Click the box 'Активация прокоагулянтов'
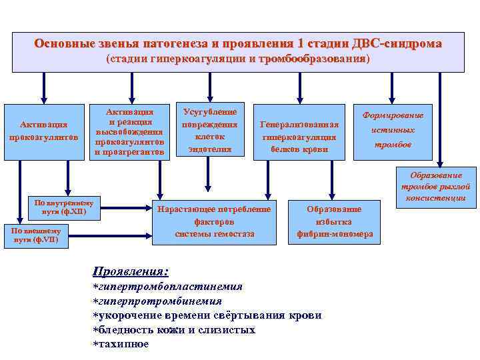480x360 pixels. (44, 131)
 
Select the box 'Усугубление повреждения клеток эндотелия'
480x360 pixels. (210, 130)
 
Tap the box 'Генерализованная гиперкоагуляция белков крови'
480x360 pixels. (299, 137)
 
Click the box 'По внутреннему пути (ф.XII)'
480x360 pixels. (65, 207)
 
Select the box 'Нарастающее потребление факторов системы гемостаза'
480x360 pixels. (214, 221)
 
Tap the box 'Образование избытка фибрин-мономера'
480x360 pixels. (334, 221)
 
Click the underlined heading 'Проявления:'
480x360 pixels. (130, 271)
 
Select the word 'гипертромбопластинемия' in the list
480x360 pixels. (171, 287)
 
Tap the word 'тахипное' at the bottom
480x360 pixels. (123, 344)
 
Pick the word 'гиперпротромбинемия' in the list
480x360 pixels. (164, 301)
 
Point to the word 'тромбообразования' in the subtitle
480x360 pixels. (312, 59)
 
